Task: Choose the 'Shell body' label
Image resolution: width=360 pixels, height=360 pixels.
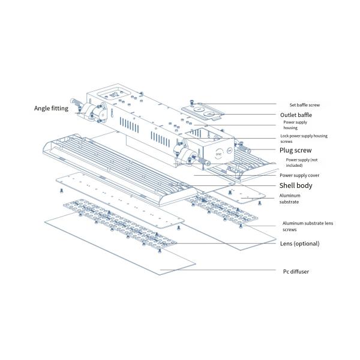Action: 296,185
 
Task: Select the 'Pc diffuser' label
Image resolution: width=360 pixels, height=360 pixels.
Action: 297,271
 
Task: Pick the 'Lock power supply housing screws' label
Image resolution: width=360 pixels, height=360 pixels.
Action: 304,139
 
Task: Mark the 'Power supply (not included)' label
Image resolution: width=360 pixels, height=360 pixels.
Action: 301,163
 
